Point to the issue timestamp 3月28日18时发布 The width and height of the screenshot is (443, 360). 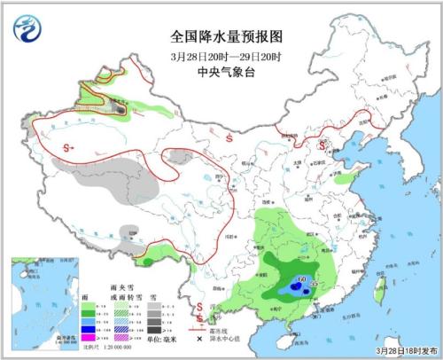(404, 352)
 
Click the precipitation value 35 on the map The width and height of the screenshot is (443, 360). (313, 286)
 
